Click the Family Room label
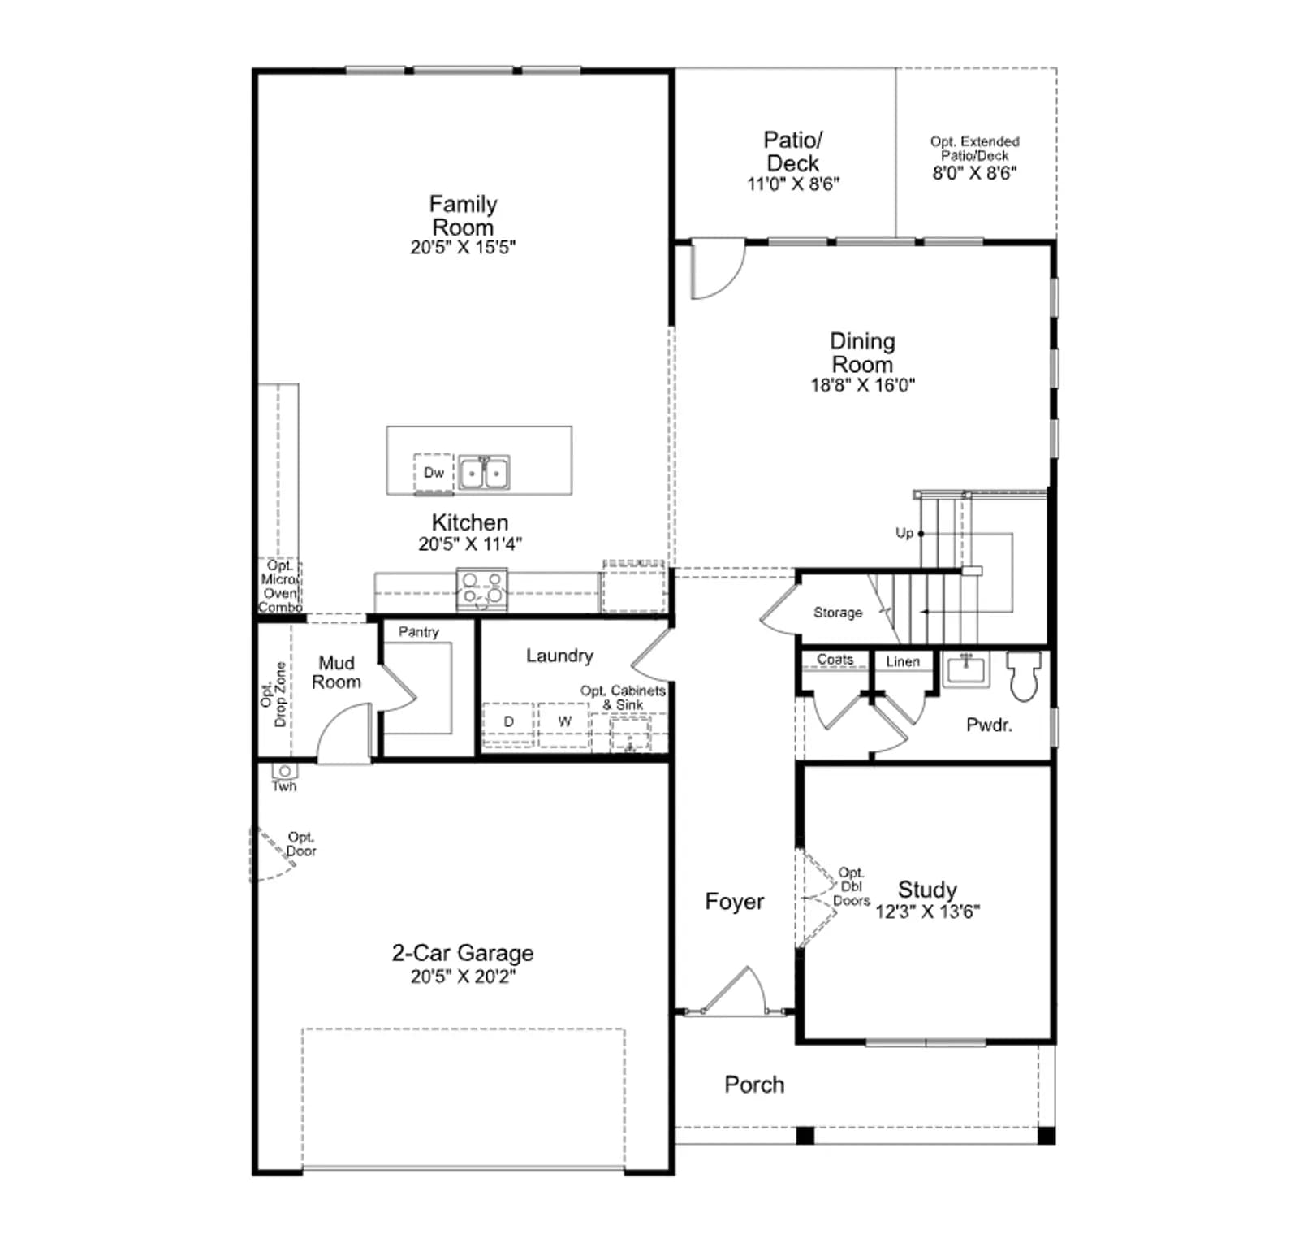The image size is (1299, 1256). click(x=463, y=215)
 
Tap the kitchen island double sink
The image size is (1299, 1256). click(x=484, y=472)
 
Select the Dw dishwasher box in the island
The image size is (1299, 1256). click(x=434, y=473)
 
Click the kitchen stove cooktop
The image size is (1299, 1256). click(x=481, y=590)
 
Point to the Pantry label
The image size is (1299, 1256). click(x=418, y=632)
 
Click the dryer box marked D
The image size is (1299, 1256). click(x=508, y=722)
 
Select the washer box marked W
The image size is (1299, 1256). click(x=564, y=722)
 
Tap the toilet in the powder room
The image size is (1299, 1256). click(x=1025, y=675)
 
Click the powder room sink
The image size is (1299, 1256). click(x=966, y=669)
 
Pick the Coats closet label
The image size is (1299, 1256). click(x=835, y=660)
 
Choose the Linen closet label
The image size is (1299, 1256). click(x=903, y=661)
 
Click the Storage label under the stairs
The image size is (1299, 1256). click(x=838, y=613)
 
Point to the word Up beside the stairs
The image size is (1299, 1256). click(x=904, y=533)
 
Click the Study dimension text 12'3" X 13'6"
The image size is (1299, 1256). click(x=927, y=912)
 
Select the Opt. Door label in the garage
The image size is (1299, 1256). click(x=301, y=844)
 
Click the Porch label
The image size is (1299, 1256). click(x=754, y=1085)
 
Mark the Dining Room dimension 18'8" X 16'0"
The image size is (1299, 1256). click(x=862, y=385)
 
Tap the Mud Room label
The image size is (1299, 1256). click(x=336, y=673)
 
